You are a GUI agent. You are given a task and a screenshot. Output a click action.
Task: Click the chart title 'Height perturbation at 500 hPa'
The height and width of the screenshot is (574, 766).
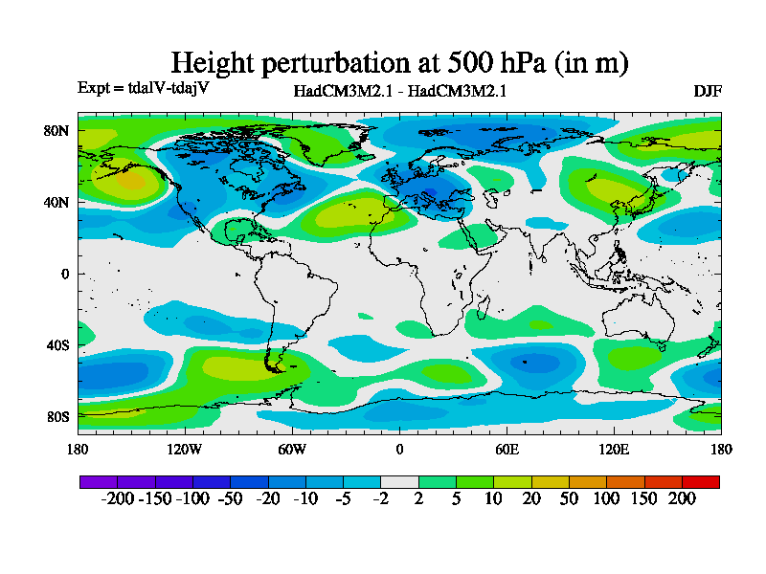click(399, 63)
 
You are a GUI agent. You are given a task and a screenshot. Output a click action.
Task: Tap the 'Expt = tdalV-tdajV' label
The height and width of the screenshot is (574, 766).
click(143, 88)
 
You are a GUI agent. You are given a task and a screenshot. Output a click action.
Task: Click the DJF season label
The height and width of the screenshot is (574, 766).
click(708, 91)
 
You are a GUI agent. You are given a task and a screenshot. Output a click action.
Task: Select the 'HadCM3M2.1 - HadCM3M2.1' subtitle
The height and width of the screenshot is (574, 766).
click(399, 92)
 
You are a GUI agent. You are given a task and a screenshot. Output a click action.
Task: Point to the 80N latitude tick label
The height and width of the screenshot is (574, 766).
click(57, 130)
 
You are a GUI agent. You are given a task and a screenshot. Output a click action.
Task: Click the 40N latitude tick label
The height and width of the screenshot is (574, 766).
click(57, 202)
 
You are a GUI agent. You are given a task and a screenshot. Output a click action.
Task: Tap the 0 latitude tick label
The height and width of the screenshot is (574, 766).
click(66, 274)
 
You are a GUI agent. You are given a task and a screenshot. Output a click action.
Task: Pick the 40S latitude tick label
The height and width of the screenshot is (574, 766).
click(57, 344)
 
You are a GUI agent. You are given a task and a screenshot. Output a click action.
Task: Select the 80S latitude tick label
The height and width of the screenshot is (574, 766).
click(57, 416)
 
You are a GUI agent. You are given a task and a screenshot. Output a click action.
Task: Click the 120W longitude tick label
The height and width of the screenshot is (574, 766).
click(185, 449)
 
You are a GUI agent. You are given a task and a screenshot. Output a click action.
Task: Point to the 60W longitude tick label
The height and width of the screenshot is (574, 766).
click(292, 449)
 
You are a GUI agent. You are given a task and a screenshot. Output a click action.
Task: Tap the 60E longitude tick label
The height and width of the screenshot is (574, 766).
click(507, 449)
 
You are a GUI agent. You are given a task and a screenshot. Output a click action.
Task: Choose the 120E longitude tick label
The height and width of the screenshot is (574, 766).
click(614, 449)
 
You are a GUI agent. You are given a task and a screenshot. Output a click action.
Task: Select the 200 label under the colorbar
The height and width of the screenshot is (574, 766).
click(682, 498)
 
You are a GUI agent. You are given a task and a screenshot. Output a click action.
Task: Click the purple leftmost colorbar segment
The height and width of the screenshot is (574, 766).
click(98, 481)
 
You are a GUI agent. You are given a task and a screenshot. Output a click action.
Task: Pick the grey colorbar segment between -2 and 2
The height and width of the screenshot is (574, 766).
click(399, 481)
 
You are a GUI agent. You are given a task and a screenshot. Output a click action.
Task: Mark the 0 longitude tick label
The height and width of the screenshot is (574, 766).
click(399, 449)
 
